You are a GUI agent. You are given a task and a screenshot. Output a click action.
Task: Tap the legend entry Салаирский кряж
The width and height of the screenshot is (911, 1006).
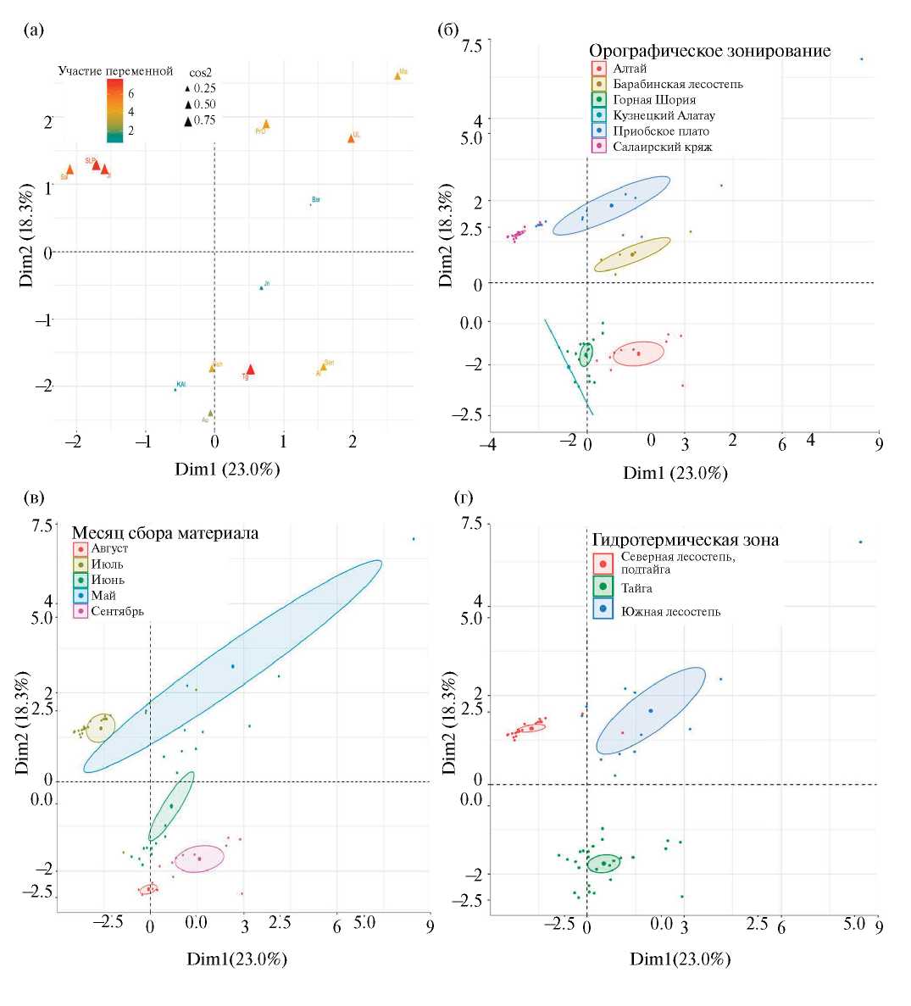(x=663, y=147)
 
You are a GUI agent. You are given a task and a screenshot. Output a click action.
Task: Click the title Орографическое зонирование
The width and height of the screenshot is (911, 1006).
(x=709, y=51)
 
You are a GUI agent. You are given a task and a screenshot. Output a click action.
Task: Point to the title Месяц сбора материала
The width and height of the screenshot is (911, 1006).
(x=164, y=533)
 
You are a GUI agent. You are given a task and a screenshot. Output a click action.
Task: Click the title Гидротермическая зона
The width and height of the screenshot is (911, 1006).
(x=685, y=540)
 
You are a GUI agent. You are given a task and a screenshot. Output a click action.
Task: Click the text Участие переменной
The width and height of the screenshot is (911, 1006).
(x=115, y=71)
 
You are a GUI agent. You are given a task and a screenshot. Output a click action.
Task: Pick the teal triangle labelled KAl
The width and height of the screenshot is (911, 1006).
(x=175, y=389)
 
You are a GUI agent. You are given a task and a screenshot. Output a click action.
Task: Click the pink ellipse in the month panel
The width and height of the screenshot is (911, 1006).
(x=200, y=859)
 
